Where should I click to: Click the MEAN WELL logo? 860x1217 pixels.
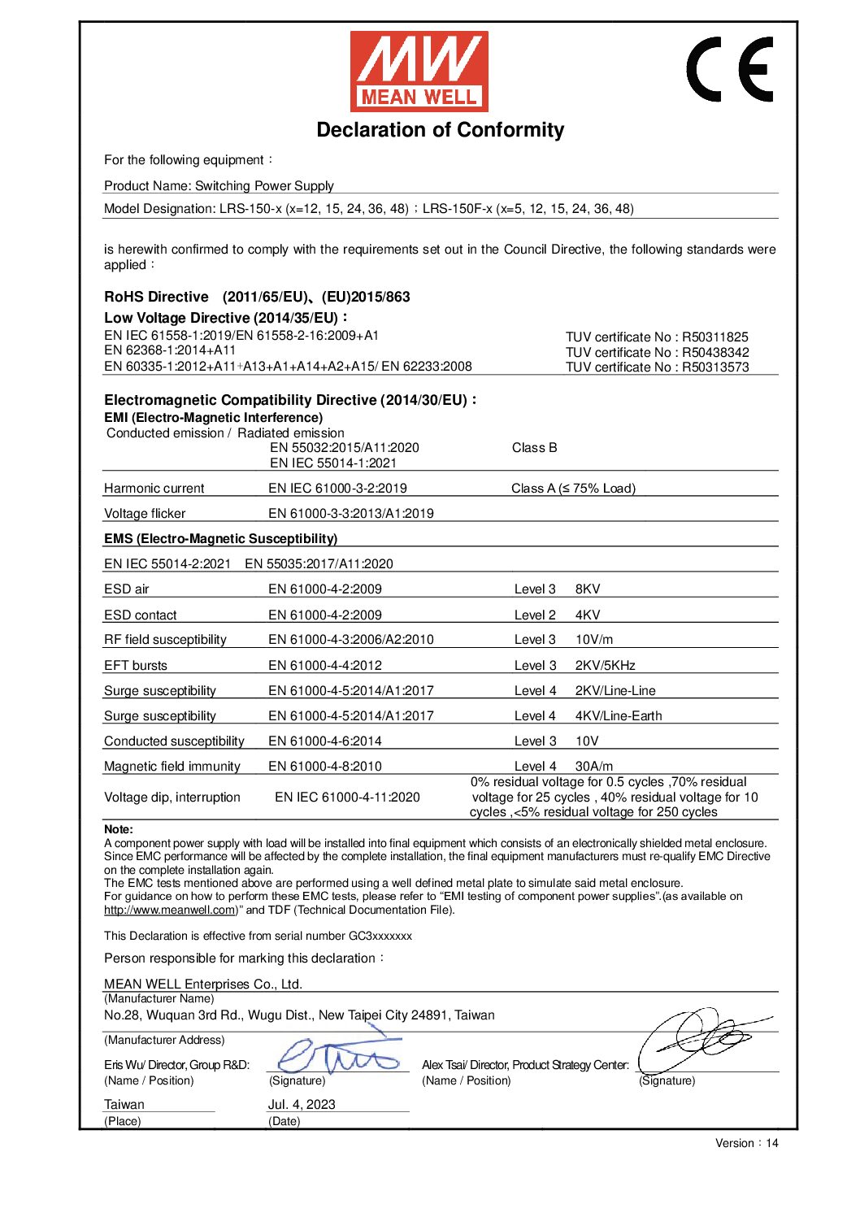pos(419,72)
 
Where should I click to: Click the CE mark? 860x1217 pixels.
pos(729,69)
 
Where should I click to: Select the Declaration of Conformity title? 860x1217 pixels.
pos(440,130)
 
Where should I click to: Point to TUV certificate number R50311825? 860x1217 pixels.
pos(657,337)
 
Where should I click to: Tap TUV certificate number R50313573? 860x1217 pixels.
pos(657,367)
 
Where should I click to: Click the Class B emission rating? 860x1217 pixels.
pos(534,448)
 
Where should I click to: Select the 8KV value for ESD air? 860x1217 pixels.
pos(588,589)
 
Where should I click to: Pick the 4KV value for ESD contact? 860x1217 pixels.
pos(588,615)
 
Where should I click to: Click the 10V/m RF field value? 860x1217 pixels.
pos(594,640)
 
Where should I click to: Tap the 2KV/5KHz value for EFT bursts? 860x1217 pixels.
pos(605,666)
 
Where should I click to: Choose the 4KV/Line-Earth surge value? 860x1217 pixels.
pos(618,716)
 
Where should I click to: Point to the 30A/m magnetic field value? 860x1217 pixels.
pos(594,767)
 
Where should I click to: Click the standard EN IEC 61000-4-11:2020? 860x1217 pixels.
pos(347,798)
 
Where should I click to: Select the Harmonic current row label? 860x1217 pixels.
pos(154,489)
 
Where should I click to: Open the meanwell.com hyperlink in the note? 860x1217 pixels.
pos(170,911)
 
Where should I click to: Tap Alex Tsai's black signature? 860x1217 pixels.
pos(703,1039)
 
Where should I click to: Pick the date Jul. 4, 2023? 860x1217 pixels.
pos(302,1105)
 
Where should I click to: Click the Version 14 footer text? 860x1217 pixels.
pos(746,1143)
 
